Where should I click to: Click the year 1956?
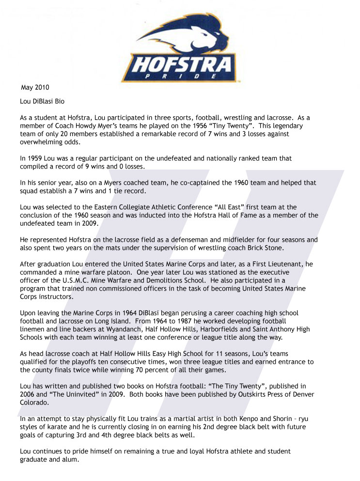pos(194,125)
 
